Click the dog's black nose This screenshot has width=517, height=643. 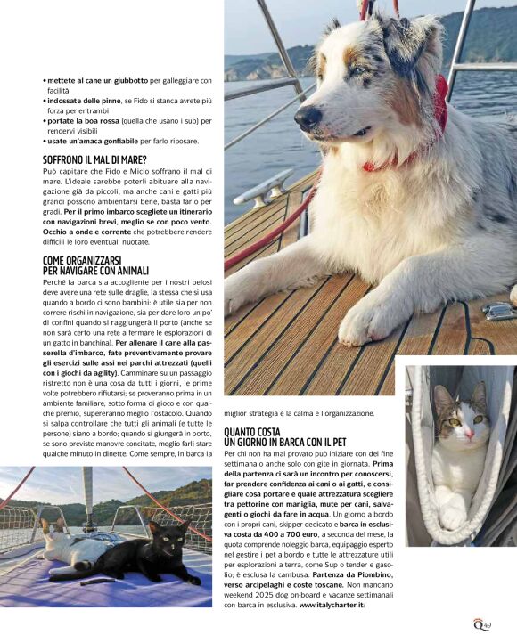(x=308, y=118)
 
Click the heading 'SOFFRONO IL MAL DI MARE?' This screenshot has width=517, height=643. (x=94, y=160)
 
